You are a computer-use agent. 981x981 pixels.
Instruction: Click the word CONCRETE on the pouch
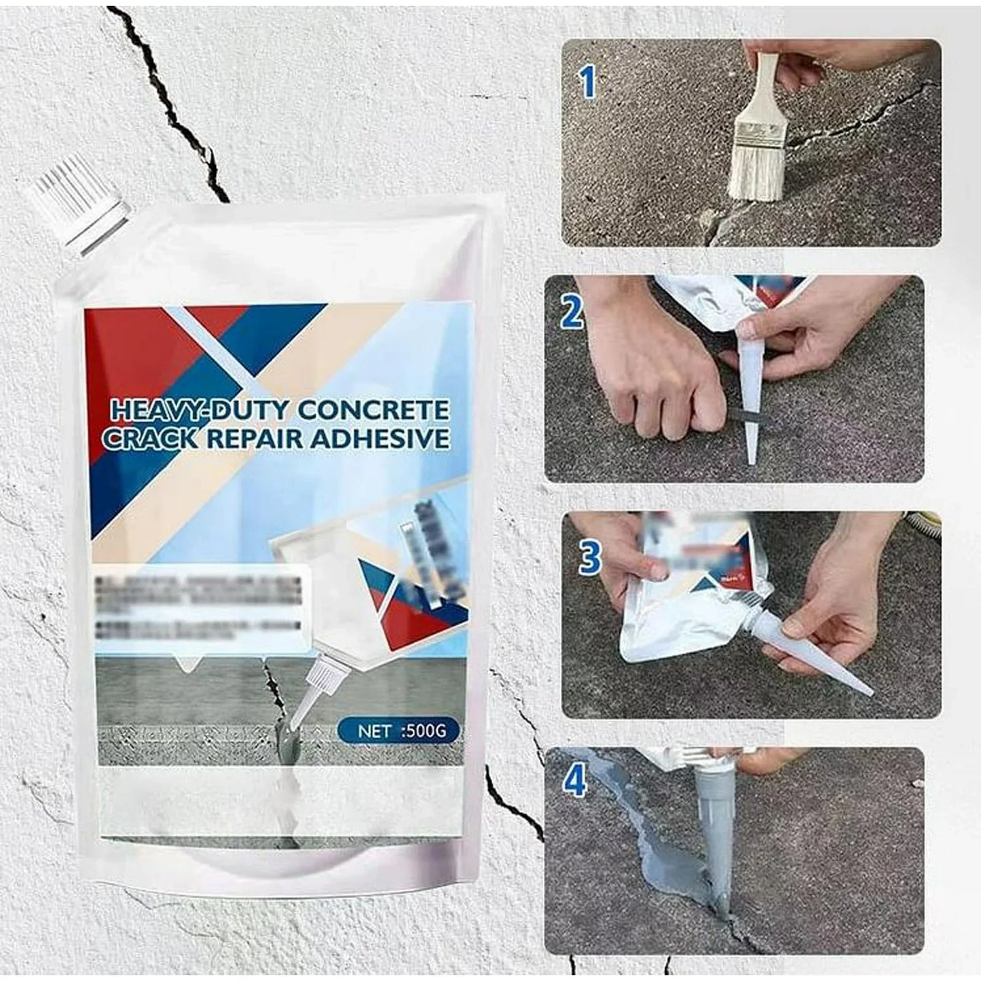click(373, 409)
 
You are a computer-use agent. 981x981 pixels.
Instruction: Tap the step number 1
click(587, 83)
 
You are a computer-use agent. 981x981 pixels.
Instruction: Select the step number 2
click(572, 313)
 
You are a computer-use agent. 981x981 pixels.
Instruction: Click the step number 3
click(589, 557)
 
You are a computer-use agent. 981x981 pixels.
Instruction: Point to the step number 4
click(575, 781)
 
